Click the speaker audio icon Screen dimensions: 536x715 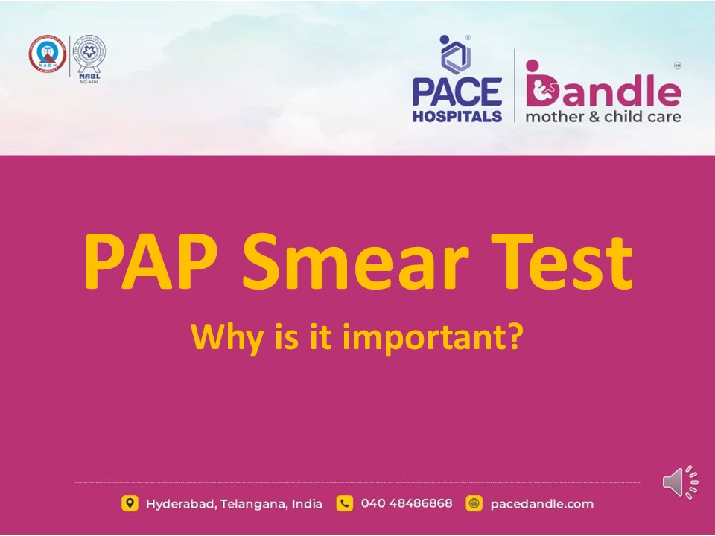[680, 483]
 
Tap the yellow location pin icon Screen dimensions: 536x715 [130, 504]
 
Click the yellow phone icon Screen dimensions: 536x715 [344, 504]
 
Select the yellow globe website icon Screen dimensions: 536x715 [474, 504]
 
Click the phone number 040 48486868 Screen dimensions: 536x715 [406, 504]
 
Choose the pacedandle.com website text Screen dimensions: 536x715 [542, 504]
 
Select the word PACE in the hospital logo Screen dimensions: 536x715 [457, 92]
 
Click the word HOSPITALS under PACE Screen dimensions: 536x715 [457, 116]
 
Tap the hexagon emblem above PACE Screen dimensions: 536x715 [451, 52]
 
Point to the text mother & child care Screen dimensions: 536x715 [603, 116]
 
